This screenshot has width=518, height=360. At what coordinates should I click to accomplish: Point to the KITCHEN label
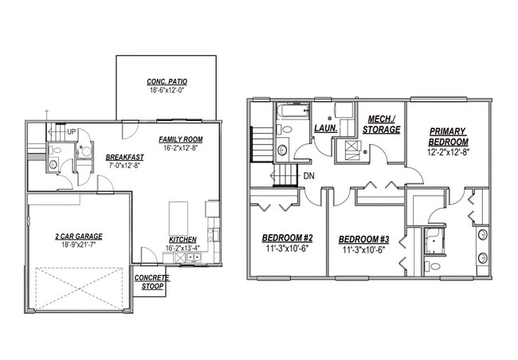click(x=182, y=240)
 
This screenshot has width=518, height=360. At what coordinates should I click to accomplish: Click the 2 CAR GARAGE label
click(x=78, y=236)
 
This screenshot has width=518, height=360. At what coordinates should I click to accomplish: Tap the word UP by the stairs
click(x=72, y=131)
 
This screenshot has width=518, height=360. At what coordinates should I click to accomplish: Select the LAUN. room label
click(x=325, y=127)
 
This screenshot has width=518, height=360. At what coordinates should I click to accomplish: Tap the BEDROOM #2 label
click(x=287, y=237)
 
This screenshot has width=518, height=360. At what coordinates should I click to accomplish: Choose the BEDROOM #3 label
click(x=363, y=239)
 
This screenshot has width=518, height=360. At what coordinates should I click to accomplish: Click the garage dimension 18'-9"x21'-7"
click(x=78, y=245)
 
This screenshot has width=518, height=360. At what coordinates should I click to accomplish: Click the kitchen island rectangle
click(x=178, y=215)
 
